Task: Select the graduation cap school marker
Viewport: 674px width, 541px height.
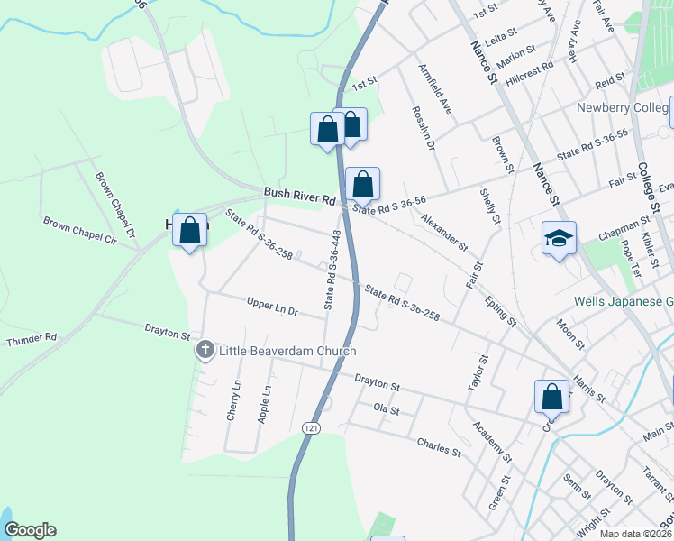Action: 559,239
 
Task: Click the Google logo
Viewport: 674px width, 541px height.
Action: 30,530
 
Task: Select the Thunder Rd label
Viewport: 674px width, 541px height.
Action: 31,340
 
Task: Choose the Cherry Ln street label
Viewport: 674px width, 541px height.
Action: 234,400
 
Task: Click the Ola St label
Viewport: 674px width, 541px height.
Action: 386,409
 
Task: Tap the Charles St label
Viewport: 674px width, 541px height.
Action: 439,445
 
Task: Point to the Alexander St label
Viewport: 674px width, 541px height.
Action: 444,232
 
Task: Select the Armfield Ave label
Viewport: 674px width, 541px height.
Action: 434,87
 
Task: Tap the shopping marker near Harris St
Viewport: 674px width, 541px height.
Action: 551,396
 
